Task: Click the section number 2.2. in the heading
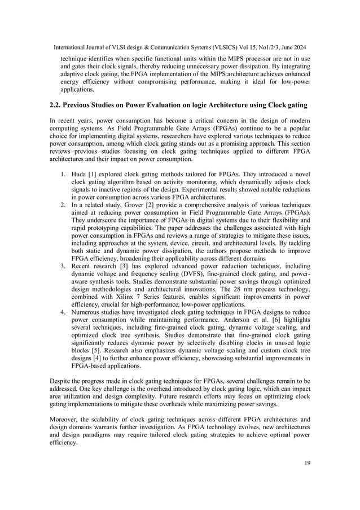(x=59, y=106)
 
